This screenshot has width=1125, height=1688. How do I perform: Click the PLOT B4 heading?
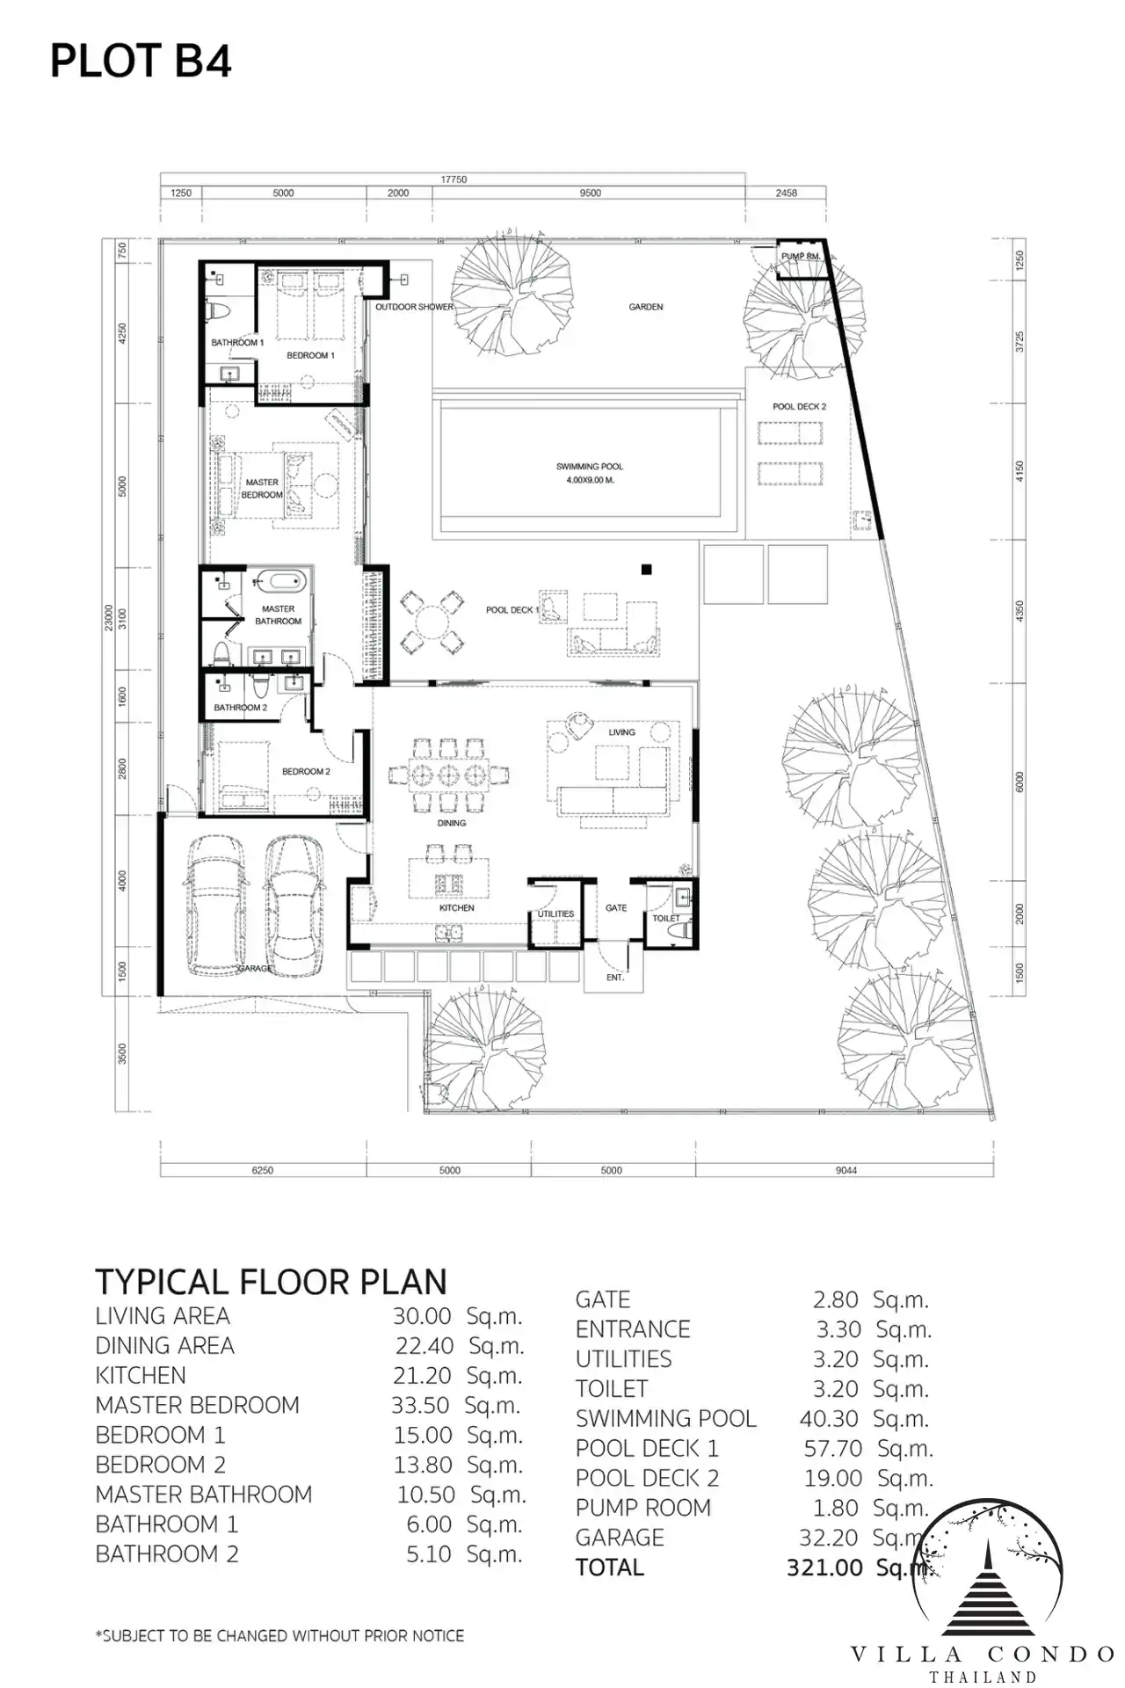(141, 62)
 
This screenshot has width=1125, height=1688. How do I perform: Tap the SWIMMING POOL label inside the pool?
(589, 467)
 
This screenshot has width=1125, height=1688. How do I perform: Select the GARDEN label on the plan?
(646, 307)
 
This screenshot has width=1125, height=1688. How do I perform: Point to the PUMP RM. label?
(801, 256)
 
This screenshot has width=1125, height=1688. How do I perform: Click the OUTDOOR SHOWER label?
(414, 307)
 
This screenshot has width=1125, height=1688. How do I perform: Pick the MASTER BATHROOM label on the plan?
(278, 615)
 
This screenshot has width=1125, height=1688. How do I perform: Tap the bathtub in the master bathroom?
(279, 581)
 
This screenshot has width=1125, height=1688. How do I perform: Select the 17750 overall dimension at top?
(454, 179)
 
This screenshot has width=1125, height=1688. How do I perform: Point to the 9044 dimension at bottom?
(846, 1170)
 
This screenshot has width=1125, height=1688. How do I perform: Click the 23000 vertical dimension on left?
(108, 618)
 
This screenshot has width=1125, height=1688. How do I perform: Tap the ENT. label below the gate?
(615, 978)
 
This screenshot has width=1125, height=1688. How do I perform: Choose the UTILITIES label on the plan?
(555, 914)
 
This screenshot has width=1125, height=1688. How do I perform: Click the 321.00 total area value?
(824, 1568)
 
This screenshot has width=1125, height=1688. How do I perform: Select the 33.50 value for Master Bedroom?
(420, 1406)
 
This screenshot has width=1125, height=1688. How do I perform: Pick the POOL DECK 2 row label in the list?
(647, 1478)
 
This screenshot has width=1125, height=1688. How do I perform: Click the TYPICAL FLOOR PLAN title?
(271, 1282)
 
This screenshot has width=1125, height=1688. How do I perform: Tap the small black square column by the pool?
(647, 570)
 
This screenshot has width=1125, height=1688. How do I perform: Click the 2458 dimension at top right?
(786, 193)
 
